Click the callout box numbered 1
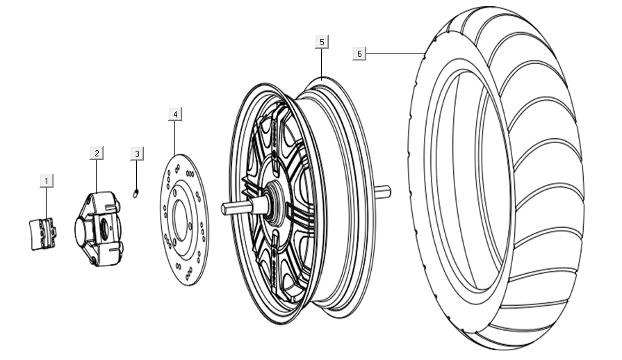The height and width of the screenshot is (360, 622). coord(47,181)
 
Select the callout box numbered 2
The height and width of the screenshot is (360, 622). coord(97,153)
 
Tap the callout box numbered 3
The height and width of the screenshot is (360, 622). coord(137,153)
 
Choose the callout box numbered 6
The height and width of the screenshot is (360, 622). coord(359,54)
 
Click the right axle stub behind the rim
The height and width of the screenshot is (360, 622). coord(383,191)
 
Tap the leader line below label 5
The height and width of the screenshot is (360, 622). coord(321,63)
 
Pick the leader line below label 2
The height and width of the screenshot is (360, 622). coord(97,175)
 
